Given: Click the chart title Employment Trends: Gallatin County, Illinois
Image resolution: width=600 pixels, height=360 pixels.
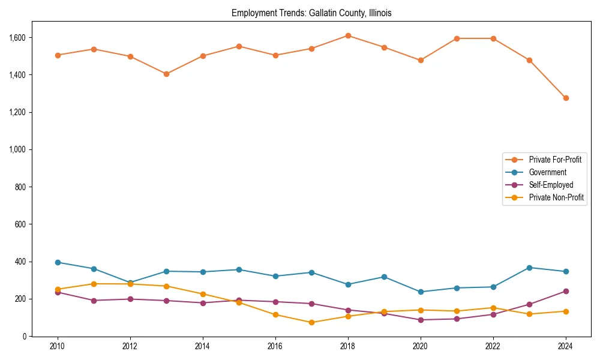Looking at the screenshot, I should coord(311,13).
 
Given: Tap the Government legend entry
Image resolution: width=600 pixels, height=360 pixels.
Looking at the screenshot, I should coord(547,172).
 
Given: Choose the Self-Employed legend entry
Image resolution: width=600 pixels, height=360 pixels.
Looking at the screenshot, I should coord(551,185).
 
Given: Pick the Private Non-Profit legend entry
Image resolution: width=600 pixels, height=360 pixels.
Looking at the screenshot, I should coord(556,197).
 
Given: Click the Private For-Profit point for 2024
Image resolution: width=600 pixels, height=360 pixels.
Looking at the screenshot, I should coord(566,98).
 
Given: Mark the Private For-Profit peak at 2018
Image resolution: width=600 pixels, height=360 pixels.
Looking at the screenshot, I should coord(348,35).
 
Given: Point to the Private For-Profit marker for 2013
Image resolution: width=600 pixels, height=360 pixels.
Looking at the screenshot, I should coord(166,74).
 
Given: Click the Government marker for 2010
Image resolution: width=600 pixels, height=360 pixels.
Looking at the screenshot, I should coord(58,262).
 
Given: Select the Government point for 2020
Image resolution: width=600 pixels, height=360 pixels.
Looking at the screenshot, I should coord(421,292).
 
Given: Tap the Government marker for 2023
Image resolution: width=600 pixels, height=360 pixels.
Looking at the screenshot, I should coord(529,268).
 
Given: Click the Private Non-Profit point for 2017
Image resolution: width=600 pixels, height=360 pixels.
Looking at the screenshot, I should coord(311,322).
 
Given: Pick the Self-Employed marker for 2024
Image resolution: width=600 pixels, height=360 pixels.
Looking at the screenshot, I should coord(566,291).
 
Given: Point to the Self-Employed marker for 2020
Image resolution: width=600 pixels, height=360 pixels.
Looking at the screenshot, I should coord(421,320).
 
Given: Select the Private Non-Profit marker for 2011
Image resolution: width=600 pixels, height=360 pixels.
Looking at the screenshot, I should coord(94,284).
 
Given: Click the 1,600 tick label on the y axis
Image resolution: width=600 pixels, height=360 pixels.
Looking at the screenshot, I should coord(17,37).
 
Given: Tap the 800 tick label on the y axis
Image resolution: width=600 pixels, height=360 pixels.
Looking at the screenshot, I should coord(21,187).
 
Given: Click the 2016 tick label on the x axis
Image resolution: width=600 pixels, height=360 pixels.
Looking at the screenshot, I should coord(275,347).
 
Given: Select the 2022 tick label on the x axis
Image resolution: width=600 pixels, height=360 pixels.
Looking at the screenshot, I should coord(493,347).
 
